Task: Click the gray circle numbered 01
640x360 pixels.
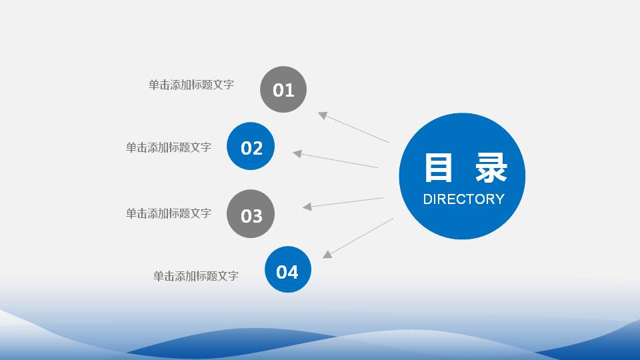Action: click(x=283, y=89)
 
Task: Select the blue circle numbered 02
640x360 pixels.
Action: click(x=251, y=146)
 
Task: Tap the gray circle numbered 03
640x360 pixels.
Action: click(x=251, y=214)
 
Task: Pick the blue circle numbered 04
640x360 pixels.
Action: click(x=288, y=269)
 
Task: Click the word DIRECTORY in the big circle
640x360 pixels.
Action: click(x=463, y=199)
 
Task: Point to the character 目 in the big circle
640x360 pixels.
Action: click(x=438, y=169)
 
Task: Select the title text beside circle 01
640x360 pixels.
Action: click(x=191, y=85)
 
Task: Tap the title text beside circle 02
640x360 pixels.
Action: click(x=169, y=147)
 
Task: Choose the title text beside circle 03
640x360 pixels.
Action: click(x=169, y=213)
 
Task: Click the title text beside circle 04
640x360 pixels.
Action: click(x=196, y=275)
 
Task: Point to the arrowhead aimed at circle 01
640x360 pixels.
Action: click(x=323, y=115)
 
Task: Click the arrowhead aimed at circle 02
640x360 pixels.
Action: click(x=297, y=154)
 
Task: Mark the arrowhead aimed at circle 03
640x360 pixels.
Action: click(x=307, y=207)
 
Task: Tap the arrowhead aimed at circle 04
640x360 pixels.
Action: click(x=327, y=254)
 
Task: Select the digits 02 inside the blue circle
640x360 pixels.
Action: click(x=251, y=148)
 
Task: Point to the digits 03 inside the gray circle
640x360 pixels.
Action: click(x=251, y=216)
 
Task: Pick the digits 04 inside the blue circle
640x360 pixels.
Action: click(x=287, y=272)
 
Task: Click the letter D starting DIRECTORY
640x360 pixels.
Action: click(x=428, y=199)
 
